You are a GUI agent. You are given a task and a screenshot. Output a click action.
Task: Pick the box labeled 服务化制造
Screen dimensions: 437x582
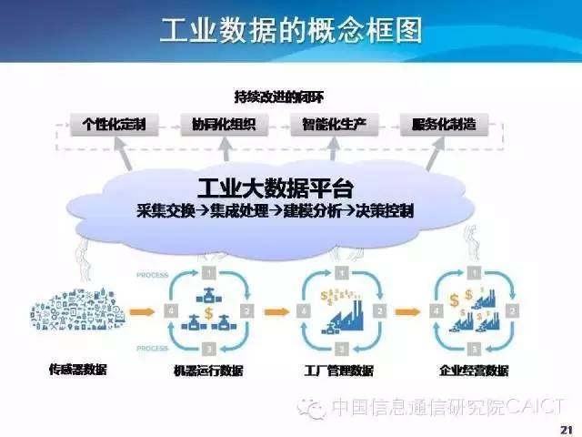442,125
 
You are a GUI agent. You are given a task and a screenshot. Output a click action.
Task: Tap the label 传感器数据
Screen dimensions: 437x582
78,370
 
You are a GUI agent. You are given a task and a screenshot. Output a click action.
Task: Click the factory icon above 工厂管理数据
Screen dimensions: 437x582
339,310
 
